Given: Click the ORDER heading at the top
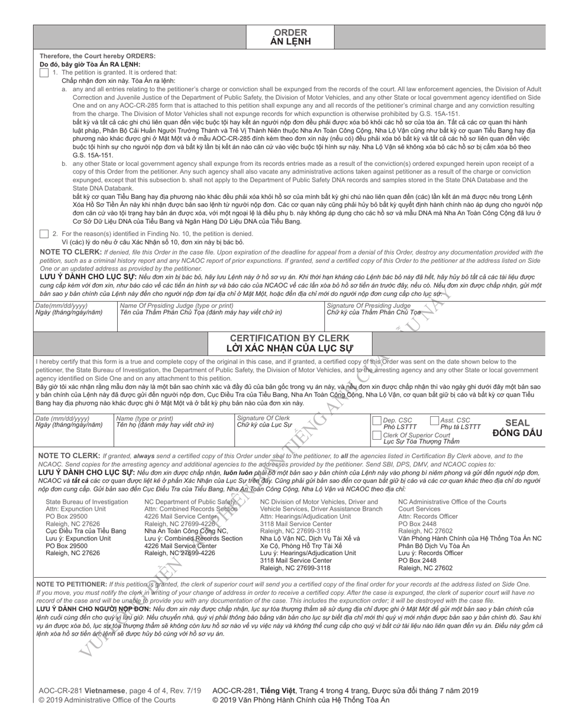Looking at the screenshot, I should [x=290, y=33].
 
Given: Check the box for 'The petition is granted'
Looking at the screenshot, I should [x=44, y=72].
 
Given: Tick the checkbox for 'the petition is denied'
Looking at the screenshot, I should [x=44, y=234].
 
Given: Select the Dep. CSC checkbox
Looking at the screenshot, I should [x=377, y=420].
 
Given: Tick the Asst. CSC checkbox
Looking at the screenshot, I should [x=435, y=420].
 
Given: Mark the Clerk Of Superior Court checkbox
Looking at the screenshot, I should [x=377, y=435].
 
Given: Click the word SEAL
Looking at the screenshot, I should [x=517, y=423].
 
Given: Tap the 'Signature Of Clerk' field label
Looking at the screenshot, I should [x=264, y=418].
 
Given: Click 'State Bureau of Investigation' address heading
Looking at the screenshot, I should [x=87, y=502].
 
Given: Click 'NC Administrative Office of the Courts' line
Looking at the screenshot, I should [x=452, y=502].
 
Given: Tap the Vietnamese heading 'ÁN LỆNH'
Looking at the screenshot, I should [x=290, y=42].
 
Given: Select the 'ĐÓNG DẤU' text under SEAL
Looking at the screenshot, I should [x=517, y=433].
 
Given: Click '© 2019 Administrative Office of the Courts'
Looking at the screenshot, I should [x=107, y=700].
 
